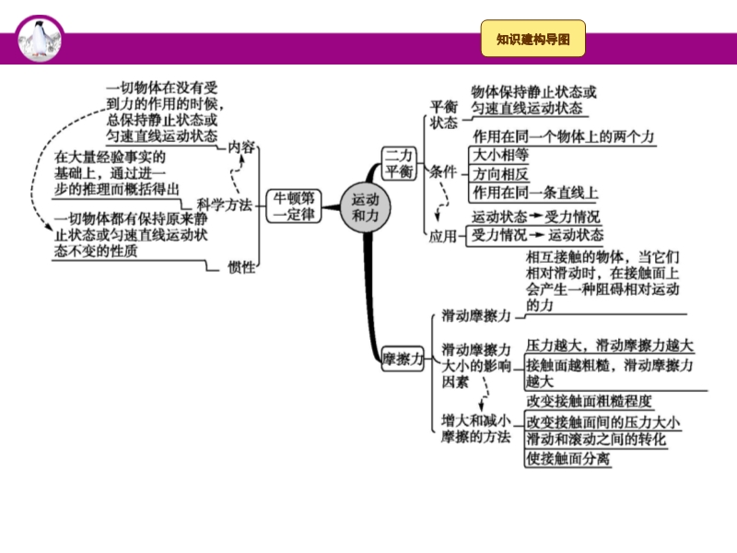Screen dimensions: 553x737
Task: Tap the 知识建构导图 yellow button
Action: click(x=533, y=40)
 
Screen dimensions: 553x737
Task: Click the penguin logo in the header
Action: click(x=41, y=38)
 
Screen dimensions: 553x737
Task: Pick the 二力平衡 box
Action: click(x=399, y=163)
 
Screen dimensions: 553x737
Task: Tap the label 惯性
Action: click(x=241, y=266)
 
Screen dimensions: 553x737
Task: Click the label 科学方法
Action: click(x=224, y=205)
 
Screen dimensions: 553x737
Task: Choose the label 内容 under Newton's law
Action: click(x=242, y=147)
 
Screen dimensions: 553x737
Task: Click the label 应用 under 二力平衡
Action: click(x=442, y=236)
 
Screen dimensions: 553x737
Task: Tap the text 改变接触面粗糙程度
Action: click(x=590, y=401)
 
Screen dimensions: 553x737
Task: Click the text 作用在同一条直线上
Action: click(x=534, y=193)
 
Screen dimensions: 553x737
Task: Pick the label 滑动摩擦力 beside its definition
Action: click(x=476, y=315)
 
